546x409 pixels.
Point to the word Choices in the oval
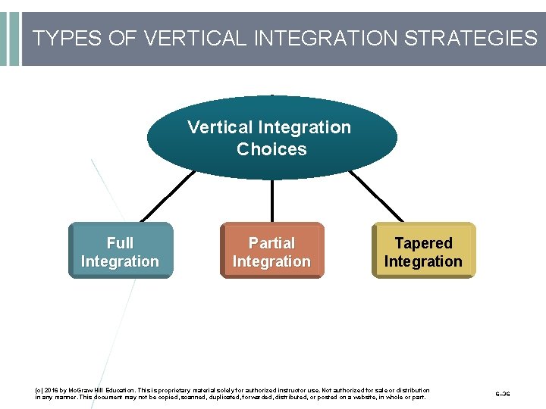coord(271,149)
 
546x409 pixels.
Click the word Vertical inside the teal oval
coord(220,127)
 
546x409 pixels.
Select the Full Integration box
coord(121,251)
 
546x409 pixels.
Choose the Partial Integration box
coord(271,251)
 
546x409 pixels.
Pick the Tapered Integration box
coord(423,251)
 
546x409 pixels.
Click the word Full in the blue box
coord(120,243)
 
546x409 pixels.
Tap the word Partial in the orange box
coord(271,243)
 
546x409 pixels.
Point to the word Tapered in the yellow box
coord(423,243)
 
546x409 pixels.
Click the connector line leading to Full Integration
coord(168,195)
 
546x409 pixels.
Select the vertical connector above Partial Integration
coord(271,200)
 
